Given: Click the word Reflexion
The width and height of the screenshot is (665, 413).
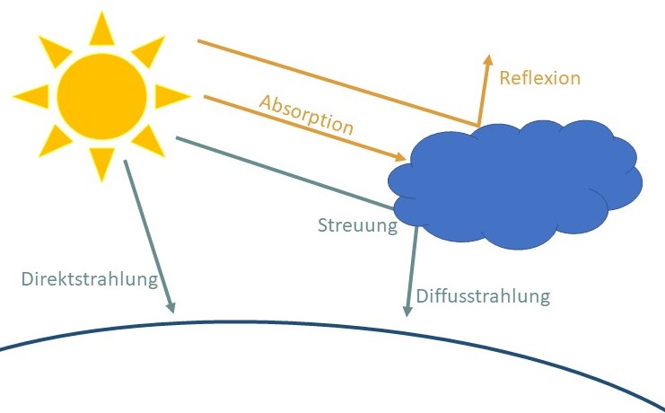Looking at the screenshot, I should tap(540, 78).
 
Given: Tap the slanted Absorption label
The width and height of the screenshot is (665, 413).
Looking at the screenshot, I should tap(306, 112).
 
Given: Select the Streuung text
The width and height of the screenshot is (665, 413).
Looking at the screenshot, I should tap(357, 225).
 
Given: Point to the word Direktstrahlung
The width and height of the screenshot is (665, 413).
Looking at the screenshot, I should tap(89, 278).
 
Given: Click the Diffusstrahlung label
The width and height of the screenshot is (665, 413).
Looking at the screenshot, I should tap(481, 295).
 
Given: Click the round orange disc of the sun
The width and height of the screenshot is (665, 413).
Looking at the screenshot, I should tap(101, 93).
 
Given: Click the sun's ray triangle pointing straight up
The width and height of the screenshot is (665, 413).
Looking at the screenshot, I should tap(101, 29).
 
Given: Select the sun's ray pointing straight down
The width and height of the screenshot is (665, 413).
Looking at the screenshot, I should tap(101, 162).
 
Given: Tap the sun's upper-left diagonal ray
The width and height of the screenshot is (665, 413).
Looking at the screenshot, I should tap(53, 45).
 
